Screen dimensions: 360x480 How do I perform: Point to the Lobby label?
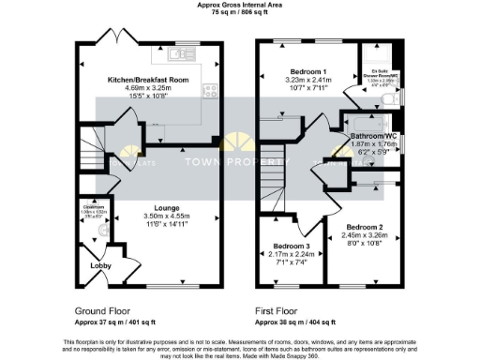click(x=99, y=265)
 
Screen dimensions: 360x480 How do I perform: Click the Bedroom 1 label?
click(x=301, y=72)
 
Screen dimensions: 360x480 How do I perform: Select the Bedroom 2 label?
click(x=364, y=227)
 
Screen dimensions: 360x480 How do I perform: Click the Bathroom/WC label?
click(x=373, y=134)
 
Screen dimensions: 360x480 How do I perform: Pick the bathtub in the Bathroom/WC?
click(x=368, y=121)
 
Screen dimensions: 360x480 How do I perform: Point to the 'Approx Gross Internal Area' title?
click(x=239, y=5)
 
